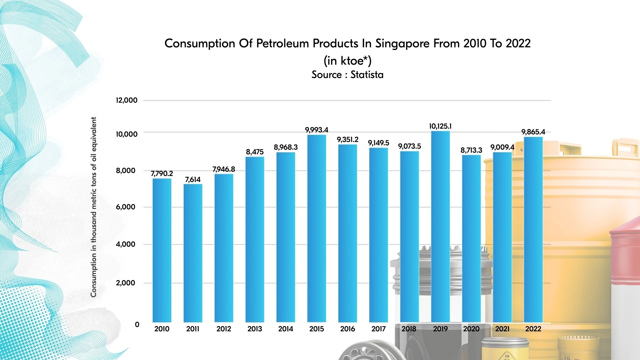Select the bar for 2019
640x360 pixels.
[440, 227]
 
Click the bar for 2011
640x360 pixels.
[193, 253]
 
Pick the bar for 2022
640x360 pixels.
[533, 230]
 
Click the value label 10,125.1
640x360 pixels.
[440, 126]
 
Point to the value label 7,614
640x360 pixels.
[193, 180]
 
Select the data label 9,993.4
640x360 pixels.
[317, 130]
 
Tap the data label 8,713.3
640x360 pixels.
[471, 150]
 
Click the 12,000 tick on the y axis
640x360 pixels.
[126, 100]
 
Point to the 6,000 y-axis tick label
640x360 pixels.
[126, 207]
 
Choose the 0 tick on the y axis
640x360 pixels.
[137, 325]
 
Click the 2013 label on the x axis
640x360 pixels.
[255, 329]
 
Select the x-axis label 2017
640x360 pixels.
[378, 329]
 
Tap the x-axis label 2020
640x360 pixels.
[471, 329]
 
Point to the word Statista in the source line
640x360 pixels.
[367, 75]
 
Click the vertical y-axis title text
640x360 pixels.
[94, 207]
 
